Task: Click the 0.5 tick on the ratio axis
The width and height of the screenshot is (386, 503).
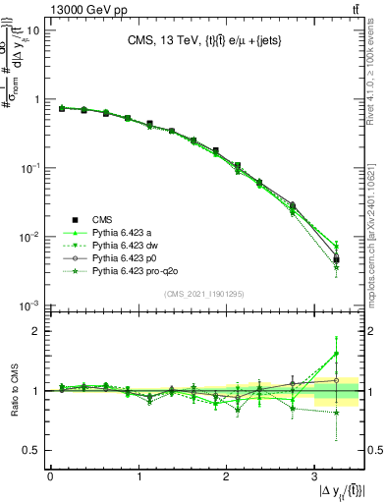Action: pyautogui.click(x=34, y=450)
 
